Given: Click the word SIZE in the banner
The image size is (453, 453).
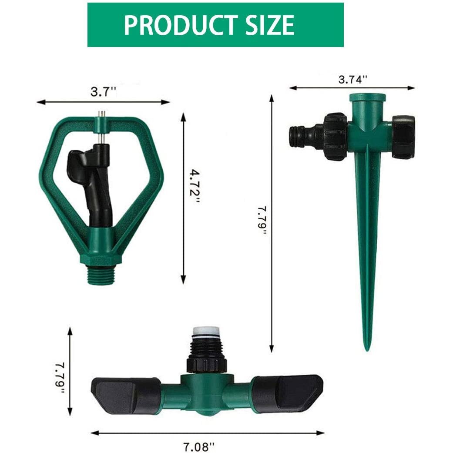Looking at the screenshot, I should (x=266, y=25).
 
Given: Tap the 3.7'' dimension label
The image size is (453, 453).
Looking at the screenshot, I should (x=103, y=92).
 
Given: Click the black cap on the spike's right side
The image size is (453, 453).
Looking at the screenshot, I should (x=403, y=137).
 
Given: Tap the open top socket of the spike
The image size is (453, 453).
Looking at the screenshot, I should (x=368, y=97).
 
